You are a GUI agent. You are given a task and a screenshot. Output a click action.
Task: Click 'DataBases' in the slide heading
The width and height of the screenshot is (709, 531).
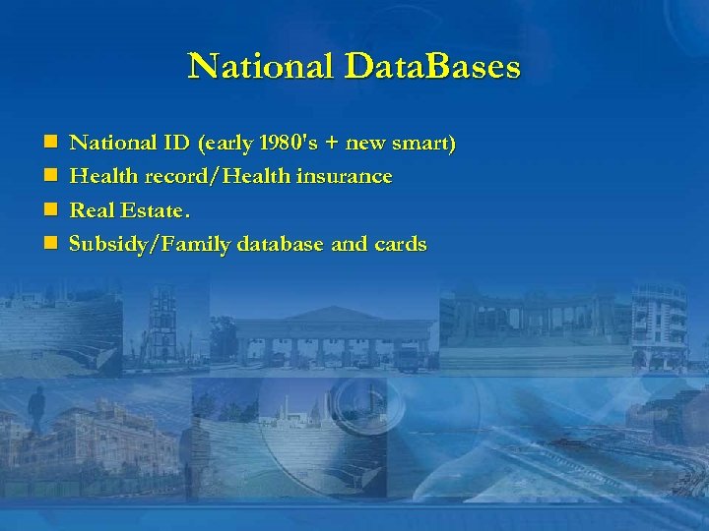[x=432, y=67]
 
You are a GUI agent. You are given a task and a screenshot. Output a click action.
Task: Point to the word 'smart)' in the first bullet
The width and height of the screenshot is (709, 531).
[x=425, y=144]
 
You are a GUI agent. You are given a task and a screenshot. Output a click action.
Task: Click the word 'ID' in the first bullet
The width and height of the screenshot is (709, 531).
[x=177, y=144]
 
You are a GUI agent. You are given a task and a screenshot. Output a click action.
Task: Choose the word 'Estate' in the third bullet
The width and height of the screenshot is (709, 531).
[x=149, y=210]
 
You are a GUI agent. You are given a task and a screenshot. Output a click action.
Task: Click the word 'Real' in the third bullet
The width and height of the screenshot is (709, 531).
[x=91, y=210]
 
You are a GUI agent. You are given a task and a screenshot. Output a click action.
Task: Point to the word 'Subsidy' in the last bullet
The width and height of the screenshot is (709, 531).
[x=104, y=244]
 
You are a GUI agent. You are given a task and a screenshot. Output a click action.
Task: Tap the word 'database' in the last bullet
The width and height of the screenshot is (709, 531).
[x=279, y=244]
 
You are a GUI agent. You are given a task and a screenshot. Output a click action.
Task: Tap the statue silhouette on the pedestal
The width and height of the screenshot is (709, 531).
[x=37, y=413]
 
